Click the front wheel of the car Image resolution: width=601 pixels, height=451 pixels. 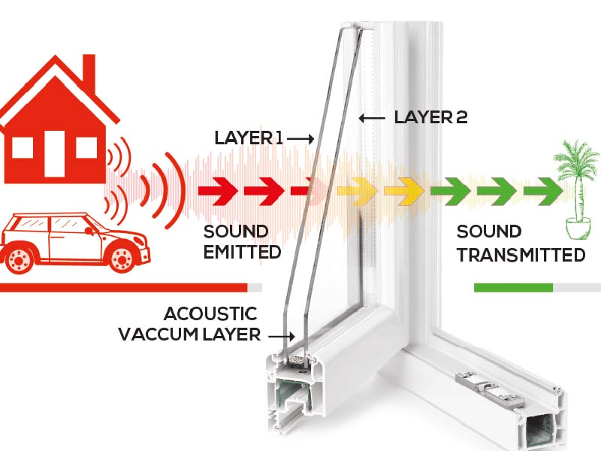click(121, 258)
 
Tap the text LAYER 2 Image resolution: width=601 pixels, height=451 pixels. click(431, 117)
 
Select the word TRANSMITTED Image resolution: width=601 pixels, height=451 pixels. click(521, 255)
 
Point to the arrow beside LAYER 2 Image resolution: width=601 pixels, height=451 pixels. click(373, 118)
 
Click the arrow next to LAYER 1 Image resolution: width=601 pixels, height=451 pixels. click(300, 138)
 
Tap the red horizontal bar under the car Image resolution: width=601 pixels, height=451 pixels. click(123, 286)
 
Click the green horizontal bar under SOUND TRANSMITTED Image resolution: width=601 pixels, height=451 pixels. click(513, 286)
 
